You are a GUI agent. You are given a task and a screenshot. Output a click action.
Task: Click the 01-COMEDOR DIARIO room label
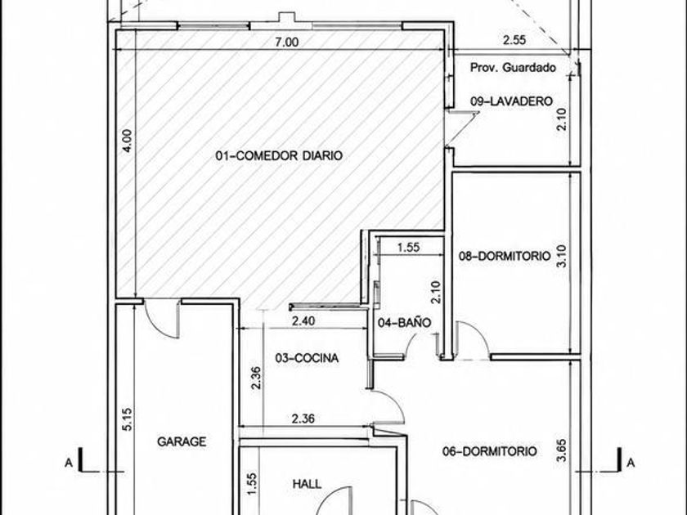279,155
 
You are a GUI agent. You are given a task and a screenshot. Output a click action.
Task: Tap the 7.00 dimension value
286,42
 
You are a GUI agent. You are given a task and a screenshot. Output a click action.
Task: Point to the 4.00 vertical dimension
126,140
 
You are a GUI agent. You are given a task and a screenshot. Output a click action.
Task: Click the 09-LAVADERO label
511,101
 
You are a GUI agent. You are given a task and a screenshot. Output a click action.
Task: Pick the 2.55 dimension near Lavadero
514,40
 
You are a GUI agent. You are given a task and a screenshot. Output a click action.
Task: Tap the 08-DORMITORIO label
505,256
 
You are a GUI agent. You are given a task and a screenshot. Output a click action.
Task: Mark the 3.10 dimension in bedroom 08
563,256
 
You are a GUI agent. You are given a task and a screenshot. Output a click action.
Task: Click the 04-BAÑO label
404,323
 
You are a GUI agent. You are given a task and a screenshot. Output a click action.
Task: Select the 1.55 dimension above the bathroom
408,248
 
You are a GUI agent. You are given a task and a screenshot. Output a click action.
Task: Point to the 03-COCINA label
307,358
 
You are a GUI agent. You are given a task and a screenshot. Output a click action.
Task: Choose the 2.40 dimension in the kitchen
303,321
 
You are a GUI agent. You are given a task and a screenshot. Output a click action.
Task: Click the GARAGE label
182,441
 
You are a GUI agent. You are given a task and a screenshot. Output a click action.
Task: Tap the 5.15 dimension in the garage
127,419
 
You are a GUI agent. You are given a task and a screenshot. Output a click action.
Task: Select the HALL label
307,484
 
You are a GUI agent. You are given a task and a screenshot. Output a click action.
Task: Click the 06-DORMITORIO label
489,451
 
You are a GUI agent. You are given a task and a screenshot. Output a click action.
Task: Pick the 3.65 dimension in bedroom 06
563,450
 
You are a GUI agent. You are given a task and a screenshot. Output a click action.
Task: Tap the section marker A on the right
630,463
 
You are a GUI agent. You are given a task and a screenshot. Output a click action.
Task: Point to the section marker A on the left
69,463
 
